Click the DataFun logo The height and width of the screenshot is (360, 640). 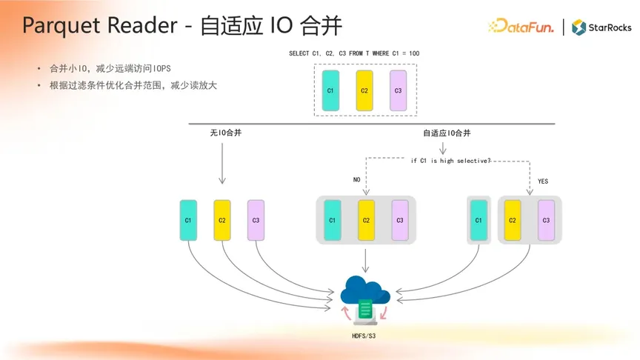pyautogui.click(x=521, y=26)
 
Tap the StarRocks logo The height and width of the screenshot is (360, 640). pyautogui.click(x=601, y=27)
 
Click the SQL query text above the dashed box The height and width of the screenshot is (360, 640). pyautogui.click(x=354, y=53)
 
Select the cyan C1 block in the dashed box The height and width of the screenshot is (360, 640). pyautogui.click(x=330, y=90)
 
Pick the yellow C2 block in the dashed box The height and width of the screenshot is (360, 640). pyautogui.click(x=364, y=90)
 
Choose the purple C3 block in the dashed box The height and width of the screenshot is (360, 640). pyautogui.click(x=398, y=90)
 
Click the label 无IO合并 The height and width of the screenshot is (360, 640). pyautogui.click(x=226, y=133)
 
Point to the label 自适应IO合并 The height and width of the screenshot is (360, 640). pyautogui.click(x=447, y=133)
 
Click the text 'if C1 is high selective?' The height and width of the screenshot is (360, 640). pyautogui.click(x=450, y=161)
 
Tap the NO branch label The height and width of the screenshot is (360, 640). pyautogui.click(x=356, y=179)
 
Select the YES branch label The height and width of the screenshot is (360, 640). pyautogui.click(x=543, y=181)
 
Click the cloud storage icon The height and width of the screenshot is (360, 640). pyautogui.click(x=365, y=299)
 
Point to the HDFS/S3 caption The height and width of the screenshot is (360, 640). pyautogui.click(x=364, y=336)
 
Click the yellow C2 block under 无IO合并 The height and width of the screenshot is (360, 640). pyautogui.click(x=222, y=220)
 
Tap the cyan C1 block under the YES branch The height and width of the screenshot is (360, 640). pyautogui.click(x=479, y=220)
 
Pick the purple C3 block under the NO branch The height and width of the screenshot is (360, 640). pyautogui.click(x=399, y=220)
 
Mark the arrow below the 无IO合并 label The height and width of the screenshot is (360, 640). pyautogui.click(x=222, y=163)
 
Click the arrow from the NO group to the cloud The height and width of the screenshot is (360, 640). pyautogui.click(x=365, y=260)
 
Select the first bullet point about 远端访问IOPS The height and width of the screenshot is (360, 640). pyautogui.click(x=110, y=69)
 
